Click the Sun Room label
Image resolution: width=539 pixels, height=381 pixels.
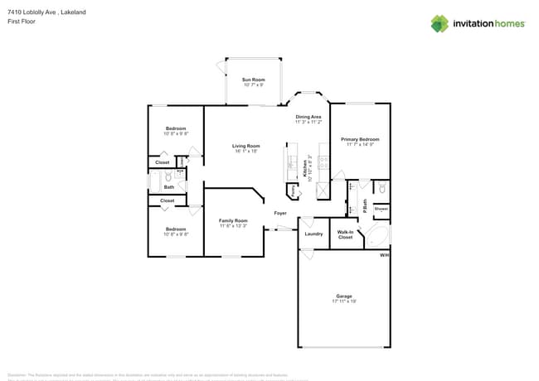(x=253, y=81)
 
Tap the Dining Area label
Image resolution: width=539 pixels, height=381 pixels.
(x=308, y=118)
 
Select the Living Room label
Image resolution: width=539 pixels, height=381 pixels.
(x=245, y=148)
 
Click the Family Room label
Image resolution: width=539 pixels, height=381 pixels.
(x=233, y=223)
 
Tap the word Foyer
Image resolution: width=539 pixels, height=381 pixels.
(x=281, y=213)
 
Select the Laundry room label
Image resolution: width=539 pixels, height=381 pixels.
(x=313, y=234)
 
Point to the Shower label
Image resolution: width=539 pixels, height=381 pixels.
(x=381, y=210)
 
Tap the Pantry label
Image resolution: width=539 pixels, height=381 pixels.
(x=293, y=190)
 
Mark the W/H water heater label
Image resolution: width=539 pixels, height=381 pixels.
(x=384, y=255)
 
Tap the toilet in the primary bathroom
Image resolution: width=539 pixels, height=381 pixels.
(x=381, y=189)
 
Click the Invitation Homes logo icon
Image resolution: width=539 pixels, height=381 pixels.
(x=439, y=24)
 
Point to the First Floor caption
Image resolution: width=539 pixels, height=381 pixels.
(x=21, y=22)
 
